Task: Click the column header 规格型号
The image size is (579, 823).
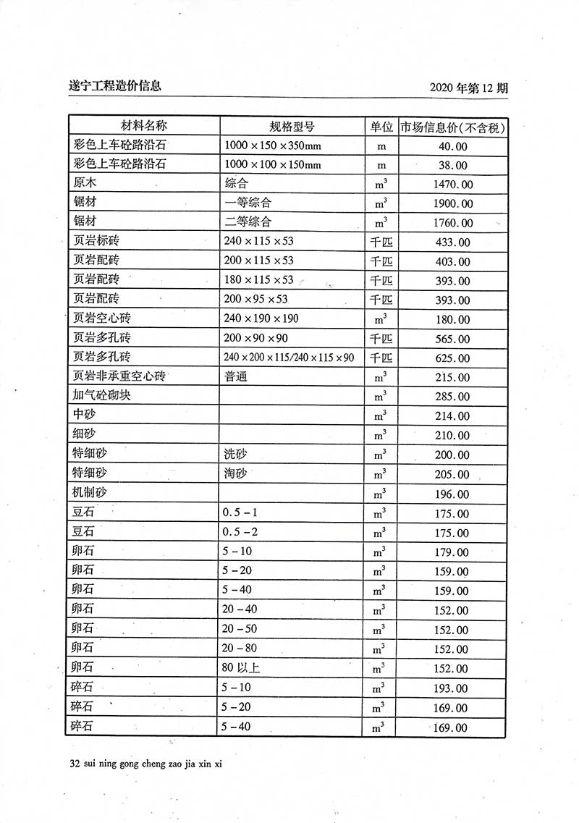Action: click(292, 126)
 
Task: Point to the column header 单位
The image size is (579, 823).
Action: click(381, 126)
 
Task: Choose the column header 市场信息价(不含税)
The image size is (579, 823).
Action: click(452, 127)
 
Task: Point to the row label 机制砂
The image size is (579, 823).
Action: click(90, 493)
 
